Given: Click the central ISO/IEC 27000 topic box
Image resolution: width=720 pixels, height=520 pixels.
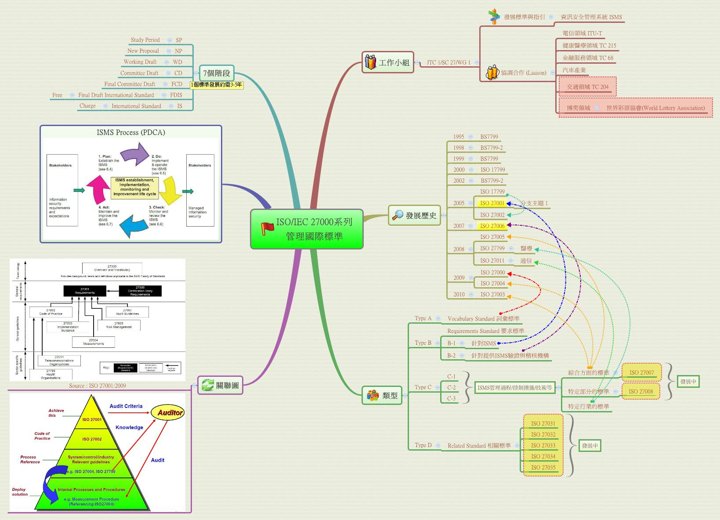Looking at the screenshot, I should [307, 229].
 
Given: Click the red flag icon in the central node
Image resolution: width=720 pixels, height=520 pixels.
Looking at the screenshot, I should [267, 228].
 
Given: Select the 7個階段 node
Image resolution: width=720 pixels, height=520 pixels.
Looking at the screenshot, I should [217, 73].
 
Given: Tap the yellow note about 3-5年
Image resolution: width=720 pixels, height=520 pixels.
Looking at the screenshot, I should [217, 85].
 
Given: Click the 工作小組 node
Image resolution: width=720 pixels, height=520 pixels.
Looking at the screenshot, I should [388, 62].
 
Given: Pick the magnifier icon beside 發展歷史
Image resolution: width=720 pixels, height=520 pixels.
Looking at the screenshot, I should [398, 215].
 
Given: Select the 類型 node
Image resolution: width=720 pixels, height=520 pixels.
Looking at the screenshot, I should [382, 395].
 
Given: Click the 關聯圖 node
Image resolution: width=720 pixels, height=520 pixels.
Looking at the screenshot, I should [220, 385].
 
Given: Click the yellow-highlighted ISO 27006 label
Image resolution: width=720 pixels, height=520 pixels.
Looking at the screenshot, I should [492, 226].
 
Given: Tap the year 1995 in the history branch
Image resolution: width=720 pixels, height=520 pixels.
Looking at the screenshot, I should [459, 137].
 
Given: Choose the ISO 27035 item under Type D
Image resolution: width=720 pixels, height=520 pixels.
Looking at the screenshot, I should [543, 467].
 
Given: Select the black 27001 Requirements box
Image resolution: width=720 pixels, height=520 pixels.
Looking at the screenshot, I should [85, 291].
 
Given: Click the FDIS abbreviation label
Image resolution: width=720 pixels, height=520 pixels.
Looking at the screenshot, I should [176, 95].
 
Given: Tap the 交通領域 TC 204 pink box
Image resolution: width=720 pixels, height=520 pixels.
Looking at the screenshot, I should [587, 87].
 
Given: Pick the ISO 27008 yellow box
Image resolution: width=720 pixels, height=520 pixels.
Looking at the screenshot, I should [640, 391].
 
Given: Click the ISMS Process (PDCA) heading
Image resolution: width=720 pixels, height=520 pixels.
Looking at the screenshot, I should [131, 132].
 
